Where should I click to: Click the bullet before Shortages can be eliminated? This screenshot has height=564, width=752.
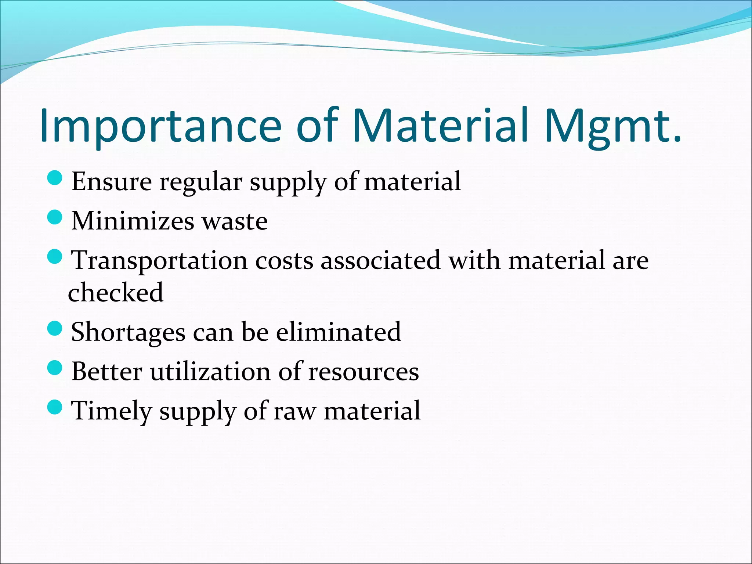tap(55, 328)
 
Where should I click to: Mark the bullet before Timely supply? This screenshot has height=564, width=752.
tap(55, 407)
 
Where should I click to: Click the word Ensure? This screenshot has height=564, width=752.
tap(111, 181)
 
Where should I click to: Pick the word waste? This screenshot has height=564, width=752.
tap(235, 221)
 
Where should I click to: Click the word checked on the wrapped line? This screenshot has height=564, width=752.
tap(116, 293)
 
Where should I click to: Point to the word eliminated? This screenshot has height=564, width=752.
tap(339, 332)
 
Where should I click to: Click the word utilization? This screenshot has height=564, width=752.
tap(210, 372)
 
